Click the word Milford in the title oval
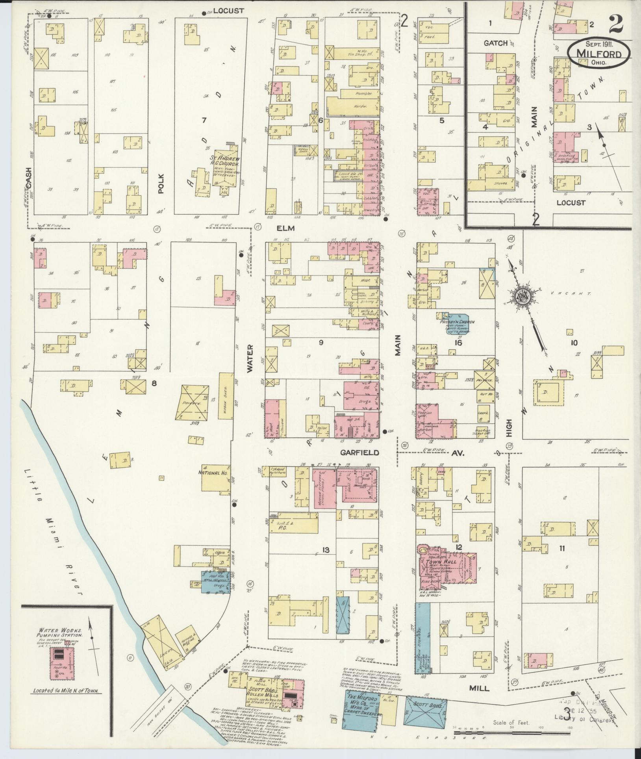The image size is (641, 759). click(x=599, y=54)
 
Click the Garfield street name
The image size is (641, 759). click(x=359, y=453)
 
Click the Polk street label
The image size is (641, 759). click(x=160, y=184)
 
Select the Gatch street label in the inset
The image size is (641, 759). click(x=495, y=43)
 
